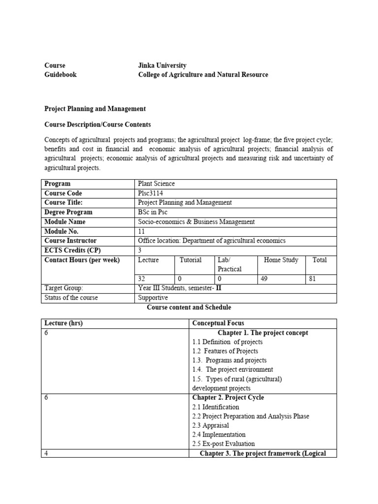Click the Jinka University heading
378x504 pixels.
[x=162, y=65]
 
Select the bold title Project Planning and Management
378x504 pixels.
[x=95, y=109]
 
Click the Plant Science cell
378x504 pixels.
[x=157, y=184]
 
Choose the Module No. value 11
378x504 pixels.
[x=142, y=231]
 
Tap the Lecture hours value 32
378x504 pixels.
[x=142, y=279]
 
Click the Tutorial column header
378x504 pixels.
[x=190, y=260]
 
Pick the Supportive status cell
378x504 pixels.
[x=153, y=298]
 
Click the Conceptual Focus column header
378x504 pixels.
[x=216, y=323]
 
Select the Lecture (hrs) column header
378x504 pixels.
[x=63, y=323]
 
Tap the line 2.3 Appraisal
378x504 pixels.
[x=211, y=425]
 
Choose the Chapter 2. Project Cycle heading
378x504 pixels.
[x=228, y=398]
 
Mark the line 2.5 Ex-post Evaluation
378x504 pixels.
[x=223, y=444]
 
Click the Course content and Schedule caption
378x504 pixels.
[x=189, y=308]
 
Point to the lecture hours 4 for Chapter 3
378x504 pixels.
[x=46, y=453]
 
